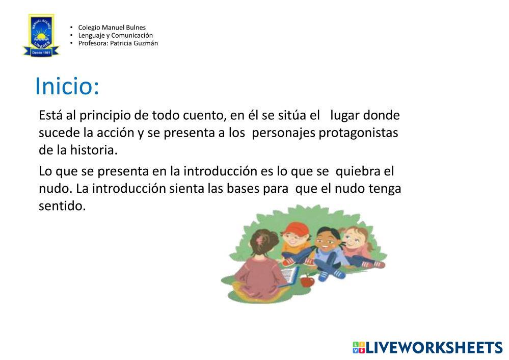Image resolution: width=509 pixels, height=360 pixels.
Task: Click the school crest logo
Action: (41, 35)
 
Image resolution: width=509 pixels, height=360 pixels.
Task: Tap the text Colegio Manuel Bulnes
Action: (112, 28)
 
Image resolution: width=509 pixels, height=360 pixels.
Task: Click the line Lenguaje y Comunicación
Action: (115, 35)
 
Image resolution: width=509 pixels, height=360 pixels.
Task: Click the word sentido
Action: (62, 206)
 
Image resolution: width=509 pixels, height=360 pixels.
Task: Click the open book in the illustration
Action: (289, 275)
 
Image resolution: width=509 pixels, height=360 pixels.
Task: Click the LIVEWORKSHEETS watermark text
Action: (434, 348)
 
